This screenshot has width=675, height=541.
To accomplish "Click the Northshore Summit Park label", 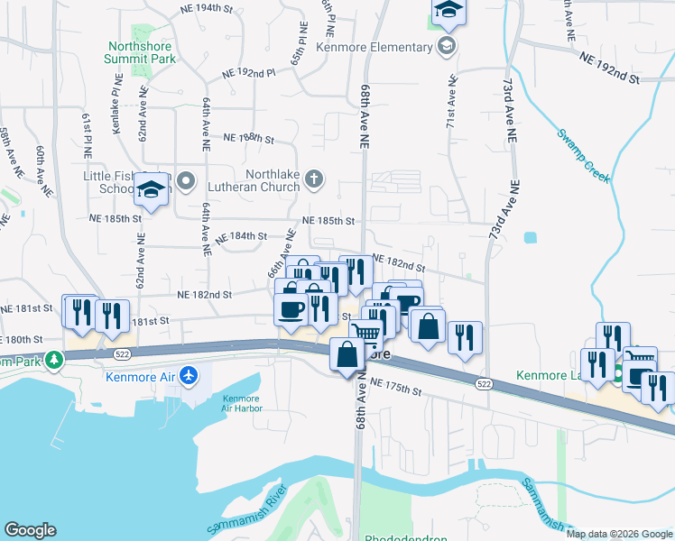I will tap(142, 52).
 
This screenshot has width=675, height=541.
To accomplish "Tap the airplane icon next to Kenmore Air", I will tap(189, 375).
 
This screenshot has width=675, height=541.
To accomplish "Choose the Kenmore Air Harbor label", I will tap(241, 403).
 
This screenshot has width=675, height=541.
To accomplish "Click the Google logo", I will tap(30, 530).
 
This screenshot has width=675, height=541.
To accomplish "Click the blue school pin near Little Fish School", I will tap(151, 190).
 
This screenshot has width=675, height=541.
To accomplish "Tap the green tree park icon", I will tap(54, 359).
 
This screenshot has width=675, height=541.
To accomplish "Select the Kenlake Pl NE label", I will tap(116, 111).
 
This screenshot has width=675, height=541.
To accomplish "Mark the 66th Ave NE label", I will tap(282, 253).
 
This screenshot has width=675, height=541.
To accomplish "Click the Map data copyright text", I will tap(619, 534).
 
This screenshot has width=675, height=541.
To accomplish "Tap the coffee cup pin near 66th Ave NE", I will tap(291, 309).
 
